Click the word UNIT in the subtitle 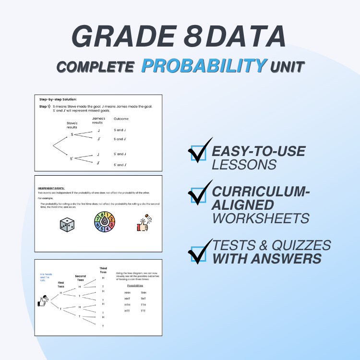click(288, 66)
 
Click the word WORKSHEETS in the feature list click(261, 218)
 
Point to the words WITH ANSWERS click(267, 259)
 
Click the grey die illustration click(67, 225)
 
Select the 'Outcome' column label click(121, 119)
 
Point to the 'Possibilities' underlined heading click(135, 285)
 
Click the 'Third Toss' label click(103, 270)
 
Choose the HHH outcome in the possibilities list click(127, 292)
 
